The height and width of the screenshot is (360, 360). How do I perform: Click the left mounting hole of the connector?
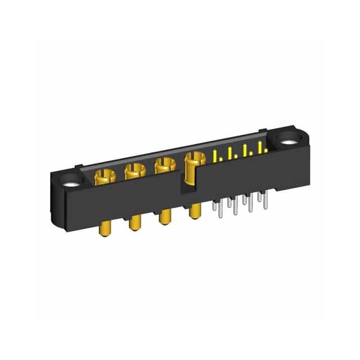(x=71, y=181)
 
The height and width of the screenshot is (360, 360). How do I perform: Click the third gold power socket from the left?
(x=163, y=165)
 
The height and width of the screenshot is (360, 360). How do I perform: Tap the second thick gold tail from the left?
(x=135, y=223)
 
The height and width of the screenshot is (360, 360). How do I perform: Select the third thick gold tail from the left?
(x=165, y=217)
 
